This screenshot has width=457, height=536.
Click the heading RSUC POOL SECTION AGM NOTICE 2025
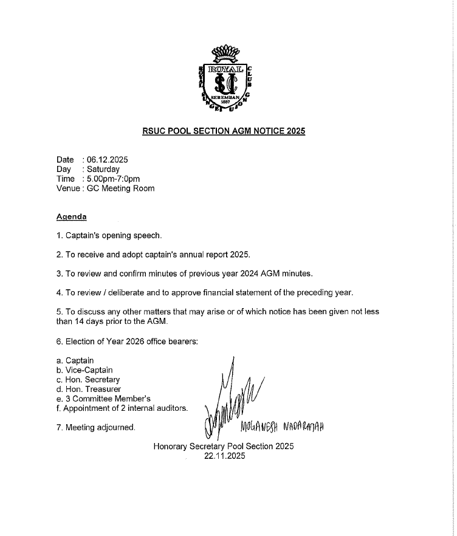[224, 131]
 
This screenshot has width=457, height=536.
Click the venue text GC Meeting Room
[120, 188]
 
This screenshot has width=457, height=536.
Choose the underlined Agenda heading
[71, 216]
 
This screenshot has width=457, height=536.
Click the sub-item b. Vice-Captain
[84, 369]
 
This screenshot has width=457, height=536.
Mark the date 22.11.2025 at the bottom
[224, 456]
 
